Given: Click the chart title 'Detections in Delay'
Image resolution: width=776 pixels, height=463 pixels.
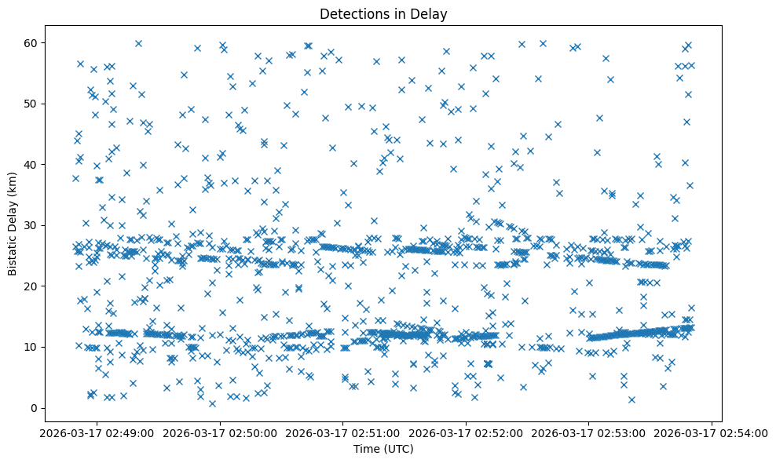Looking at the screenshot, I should pyautogui.click(x=383, y=13).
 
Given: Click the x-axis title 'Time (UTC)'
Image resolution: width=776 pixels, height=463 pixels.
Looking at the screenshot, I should pyautogui.click(x=383, y=449).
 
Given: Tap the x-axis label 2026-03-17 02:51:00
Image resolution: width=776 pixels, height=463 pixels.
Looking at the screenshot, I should pyautogui.click(x=342, y=432).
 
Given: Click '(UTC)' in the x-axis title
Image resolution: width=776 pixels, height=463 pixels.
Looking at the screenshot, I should pyautogui.click(x=397, y=449).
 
